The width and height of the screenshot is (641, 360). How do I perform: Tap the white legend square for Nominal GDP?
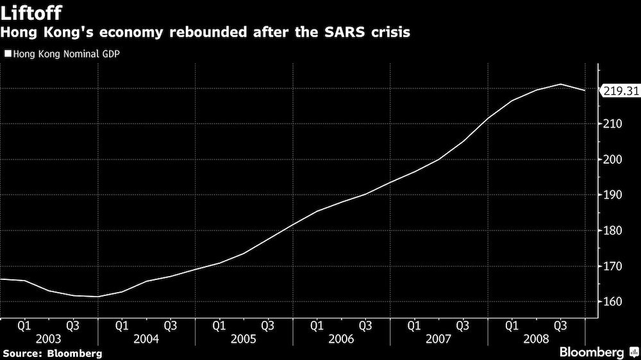(7, 54)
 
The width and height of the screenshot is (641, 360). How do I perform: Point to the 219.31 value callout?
(621, 91)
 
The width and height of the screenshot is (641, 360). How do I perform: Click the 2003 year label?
(49, 338)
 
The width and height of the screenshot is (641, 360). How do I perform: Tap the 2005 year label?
(244, 338)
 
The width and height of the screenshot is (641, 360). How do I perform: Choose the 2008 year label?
(536, 338)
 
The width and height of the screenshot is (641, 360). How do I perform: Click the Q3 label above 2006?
(365, 325)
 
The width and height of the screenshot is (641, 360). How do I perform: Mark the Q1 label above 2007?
(414, 325)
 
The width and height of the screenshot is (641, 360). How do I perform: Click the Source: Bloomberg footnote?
(52, 353)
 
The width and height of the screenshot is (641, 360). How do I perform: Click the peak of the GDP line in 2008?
(560, 85)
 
